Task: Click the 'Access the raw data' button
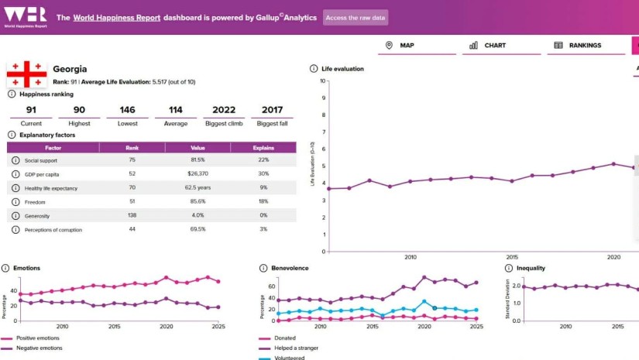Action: coord(356,17)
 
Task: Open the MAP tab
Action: coord(400,46)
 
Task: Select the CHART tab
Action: coord(487,46)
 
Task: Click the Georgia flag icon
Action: coord(27,74)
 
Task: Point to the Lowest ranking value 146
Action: coord(127,109)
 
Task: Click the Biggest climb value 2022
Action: coord(224,109)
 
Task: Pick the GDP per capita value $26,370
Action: coord(198,173)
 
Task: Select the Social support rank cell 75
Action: coord(132,159)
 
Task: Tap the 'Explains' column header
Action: coord(263,146)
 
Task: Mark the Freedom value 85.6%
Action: coord(198,202)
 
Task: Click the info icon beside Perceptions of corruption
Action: coord(15,230)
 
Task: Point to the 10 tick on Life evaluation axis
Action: coord(323,81)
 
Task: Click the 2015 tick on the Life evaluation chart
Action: coord(512,257)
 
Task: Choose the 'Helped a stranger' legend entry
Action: coord(297,348)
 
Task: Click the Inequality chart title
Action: coord(531,268)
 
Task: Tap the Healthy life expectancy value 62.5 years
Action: coord(198,187)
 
